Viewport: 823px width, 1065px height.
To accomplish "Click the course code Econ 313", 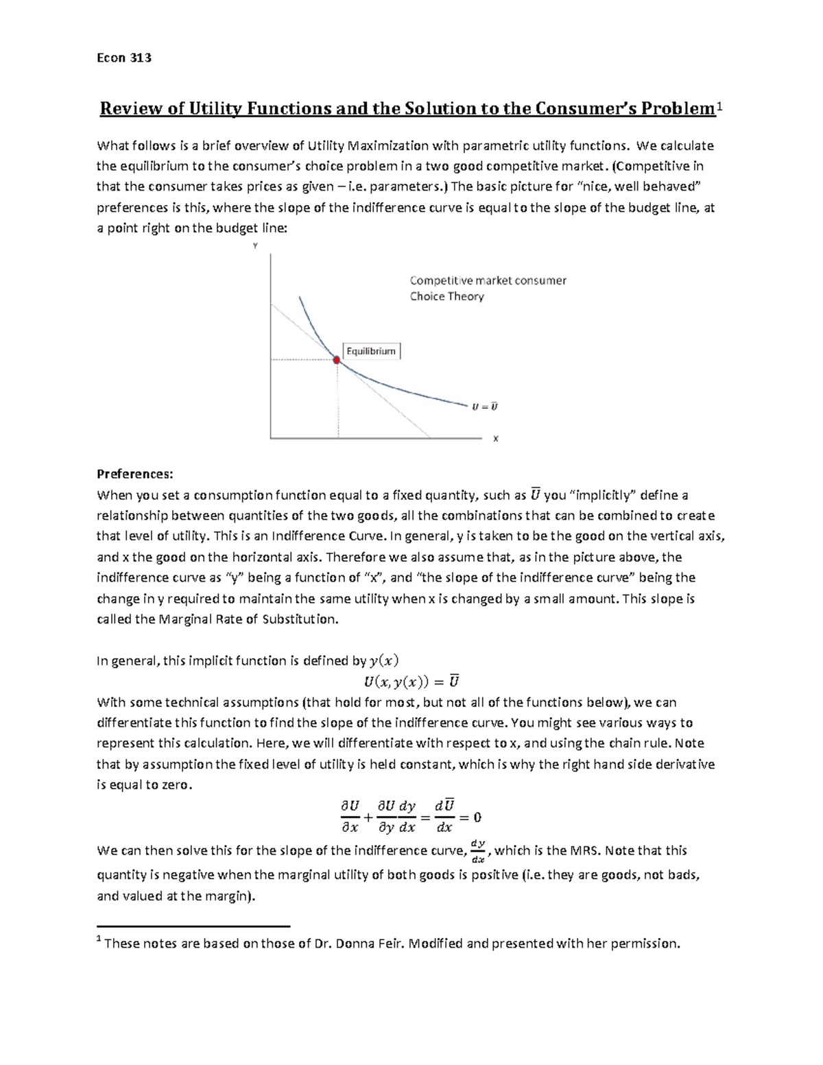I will point(123,58).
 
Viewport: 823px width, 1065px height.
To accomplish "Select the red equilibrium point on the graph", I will point(337,359).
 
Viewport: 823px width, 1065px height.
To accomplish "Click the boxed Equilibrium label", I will point(371,351).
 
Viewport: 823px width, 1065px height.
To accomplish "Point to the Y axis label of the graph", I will point(255,246).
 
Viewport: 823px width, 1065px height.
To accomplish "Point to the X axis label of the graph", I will point(495,439).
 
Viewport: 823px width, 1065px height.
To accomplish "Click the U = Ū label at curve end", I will point(484,407).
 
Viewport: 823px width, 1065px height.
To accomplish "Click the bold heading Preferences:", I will point(135,475).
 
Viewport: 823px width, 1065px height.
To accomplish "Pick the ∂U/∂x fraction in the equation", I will point(350,817).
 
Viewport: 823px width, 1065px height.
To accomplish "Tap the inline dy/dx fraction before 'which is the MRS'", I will point(479,851).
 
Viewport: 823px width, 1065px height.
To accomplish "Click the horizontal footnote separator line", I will point(193,925).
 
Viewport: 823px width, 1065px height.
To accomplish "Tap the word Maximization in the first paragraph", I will point(388,145).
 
